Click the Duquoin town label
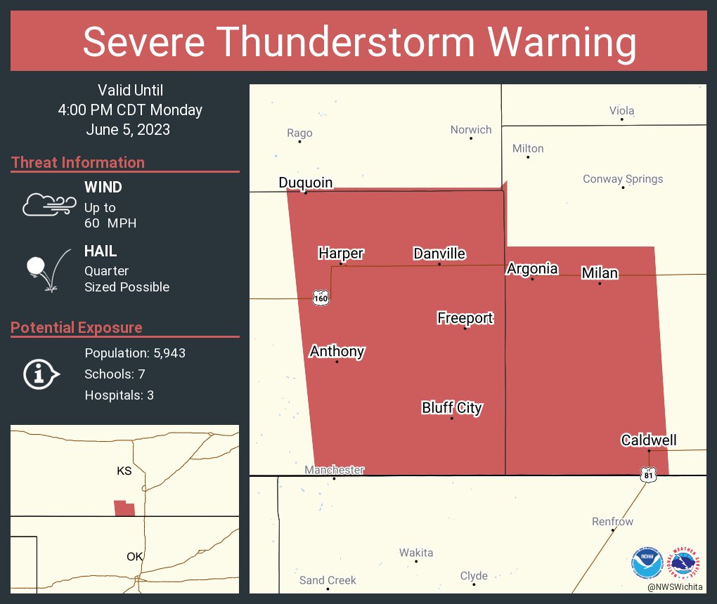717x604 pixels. [306, 183]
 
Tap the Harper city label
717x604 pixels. [341, 253]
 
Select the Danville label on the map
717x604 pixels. [439, 253]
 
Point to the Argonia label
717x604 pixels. [532, 268]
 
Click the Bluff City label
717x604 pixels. [452, 407]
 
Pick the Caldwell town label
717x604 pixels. [648, 440]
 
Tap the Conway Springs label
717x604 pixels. [623, 179]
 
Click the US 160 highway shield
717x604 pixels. [321, 298]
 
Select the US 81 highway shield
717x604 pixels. [648, 475]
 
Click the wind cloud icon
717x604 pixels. [49, 204]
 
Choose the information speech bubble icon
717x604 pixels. [40, 374]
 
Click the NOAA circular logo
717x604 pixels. [647, 563]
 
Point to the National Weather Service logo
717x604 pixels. [685, 563]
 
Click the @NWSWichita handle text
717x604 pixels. [674, 586]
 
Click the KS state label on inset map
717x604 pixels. [124, 471]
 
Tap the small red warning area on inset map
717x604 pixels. [124, 508]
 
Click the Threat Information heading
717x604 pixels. [78, 162]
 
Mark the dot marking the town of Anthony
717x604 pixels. [337, 362]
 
